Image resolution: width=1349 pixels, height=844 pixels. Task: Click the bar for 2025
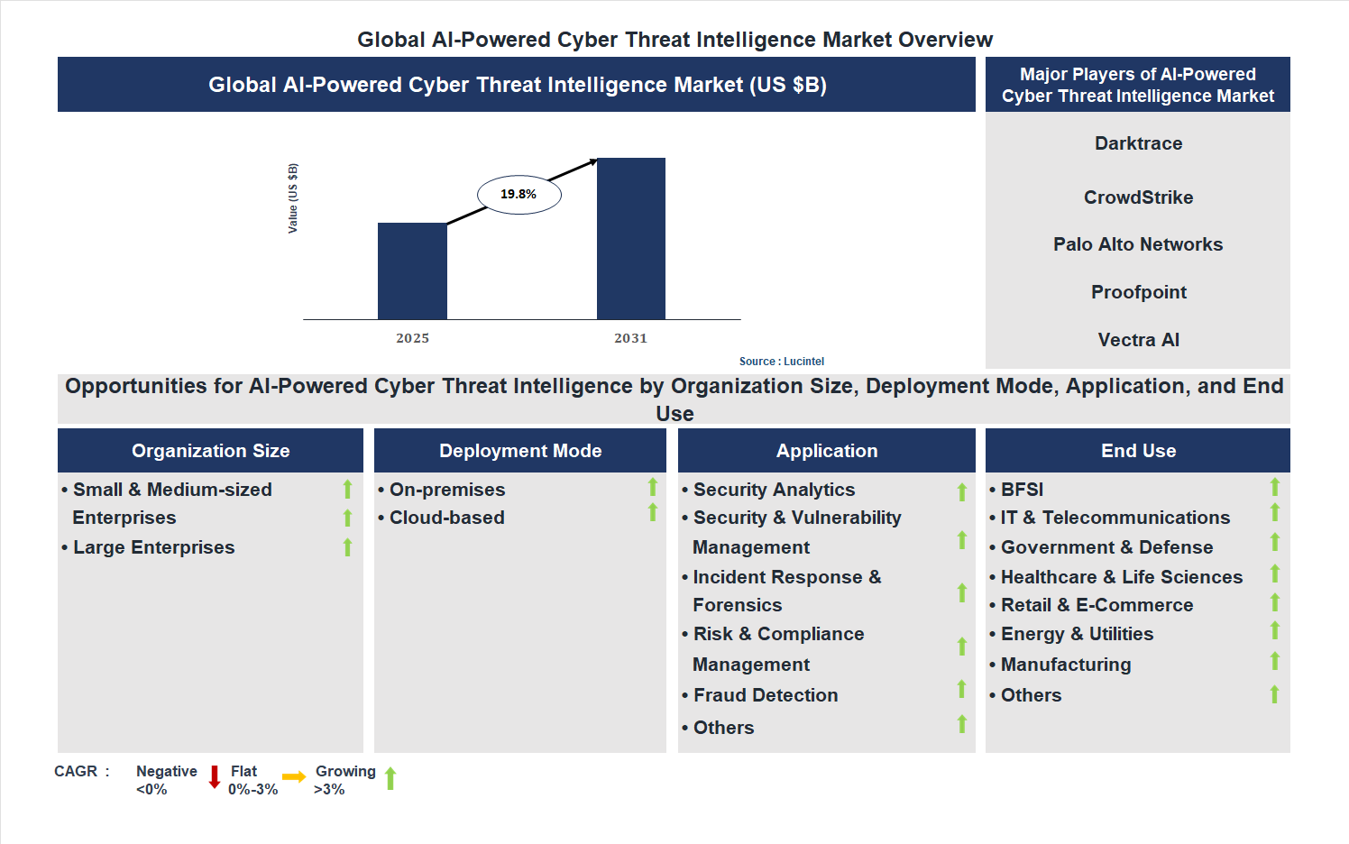[x=412, y=271]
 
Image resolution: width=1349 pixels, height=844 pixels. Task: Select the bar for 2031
[x=631, y=239]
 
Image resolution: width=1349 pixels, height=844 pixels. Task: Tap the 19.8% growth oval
[x=518, y=194]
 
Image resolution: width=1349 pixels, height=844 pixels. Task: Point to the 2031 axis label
[x=630, y=338]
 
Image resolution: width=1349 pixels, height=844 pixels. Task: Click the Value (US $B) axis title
[x=292, y=198]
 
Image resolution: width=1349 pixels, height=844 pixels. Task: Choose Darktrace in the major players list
[x=1138, y=143]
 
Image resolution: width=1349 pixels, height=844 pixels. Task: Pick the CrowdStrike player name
[x=1138, y=197]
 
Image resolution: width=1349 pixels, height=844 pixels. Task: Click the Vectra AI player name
[x=1138, y=340]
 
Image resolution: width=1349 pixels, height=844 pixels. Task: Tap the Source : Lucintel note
[x=781, y=362]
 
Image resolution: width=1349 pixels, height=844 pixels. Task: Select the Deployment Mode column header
[x=520, y=451]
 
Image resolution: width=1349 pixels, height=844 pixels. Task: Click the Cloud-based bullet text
[x=446, y=518]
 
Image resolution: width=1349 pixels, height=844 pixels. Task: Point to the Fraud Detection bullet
[x=766, y=695]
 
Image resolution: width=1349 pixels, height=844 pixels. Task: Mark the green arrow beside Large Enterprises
[x=347, y=547]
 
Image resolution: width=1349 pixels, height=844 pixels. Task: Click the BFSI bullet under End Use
[x=1022, y=490]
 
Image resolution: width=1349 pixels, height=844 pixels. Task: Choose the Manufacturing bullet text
[x=1065, y=665]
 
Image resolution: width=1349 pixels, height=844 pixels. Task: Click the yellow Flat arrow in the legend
[x=294, y=777]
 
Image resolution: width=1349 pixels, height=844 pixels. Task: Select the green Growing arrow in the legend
[x=390, y=778]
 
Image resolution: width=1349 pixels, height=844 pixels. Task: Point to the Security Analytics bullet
[x=774, y=490]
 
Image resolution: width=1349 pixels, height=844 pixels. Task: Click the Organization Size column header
[x=210, y=451]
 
